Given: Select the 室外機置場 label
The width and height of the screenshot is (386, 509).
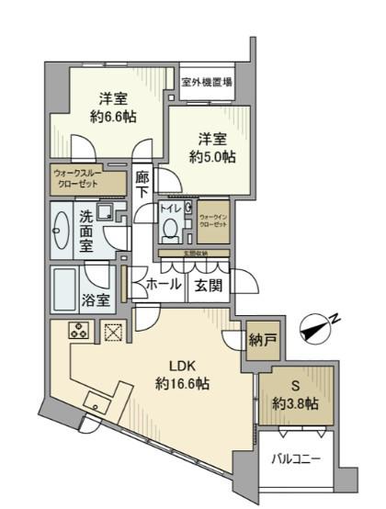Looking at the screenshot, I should pyautogui.click(x=206, y=82).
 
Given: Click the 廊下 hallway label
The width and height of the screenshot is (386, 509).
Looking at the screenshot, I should pyautogui.click(x=142, y=185).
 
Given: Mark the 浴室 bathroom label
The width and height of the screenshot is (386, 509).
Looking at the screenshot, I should pyautogui.click(x=97, y=299).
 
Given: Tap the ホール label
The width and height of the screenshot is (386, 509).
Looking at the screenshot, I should pyautogui.click(x=163, y=286).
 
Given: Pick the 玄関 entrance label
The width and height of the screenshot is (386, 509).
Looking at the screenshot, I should pyautogui.click(x=205, y=286).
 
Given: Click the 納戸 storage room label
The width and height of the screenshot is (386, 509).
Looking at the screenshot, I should pyautogui.click(x=261, y=341).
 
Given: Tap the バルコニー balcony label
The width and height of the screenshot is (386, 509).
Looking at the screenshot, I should pyautogui.click(x=297, y=457).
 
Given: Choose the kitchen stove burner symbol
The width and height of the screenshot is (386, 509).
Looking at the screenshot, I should pyautogui.click(x=77, y=334).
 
